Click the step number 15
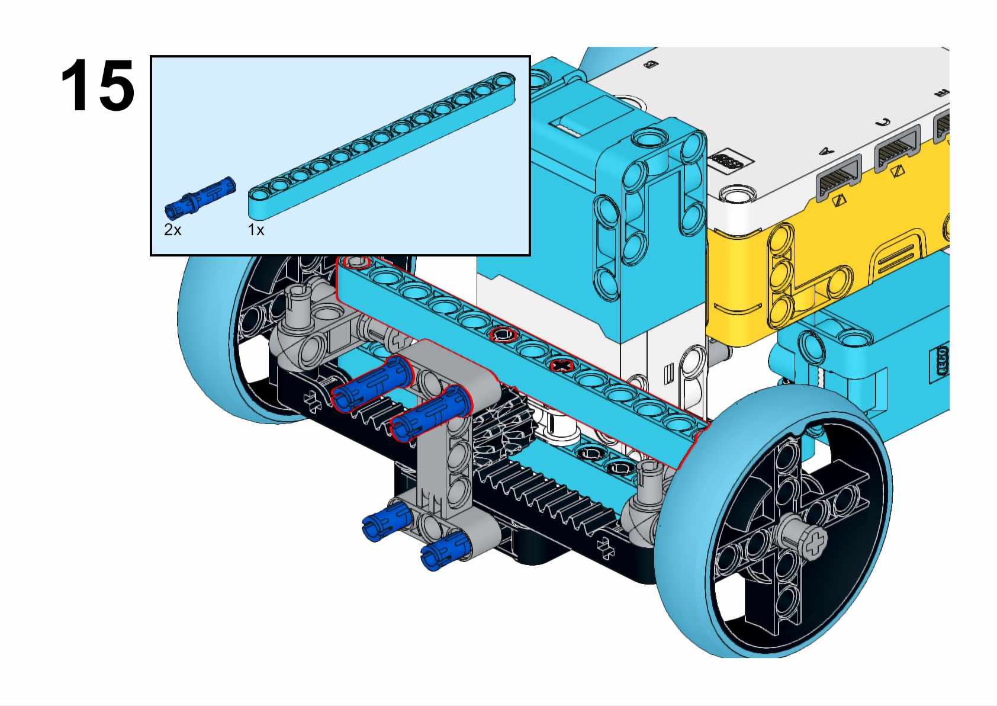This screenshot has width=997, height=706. (98, 86)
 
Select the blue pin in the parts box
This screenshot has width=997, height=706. (200, 195)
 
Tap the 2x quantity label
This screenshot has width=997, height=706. (172, 230)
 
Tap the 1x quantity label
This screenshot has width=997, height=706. (256, 230)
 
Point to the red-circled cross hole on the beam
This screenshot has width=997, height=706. (561, 365)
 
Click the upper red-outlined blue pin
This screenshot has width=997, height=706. (371, 384)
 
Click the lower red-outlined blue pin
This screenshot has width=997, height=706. (430, 415)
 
